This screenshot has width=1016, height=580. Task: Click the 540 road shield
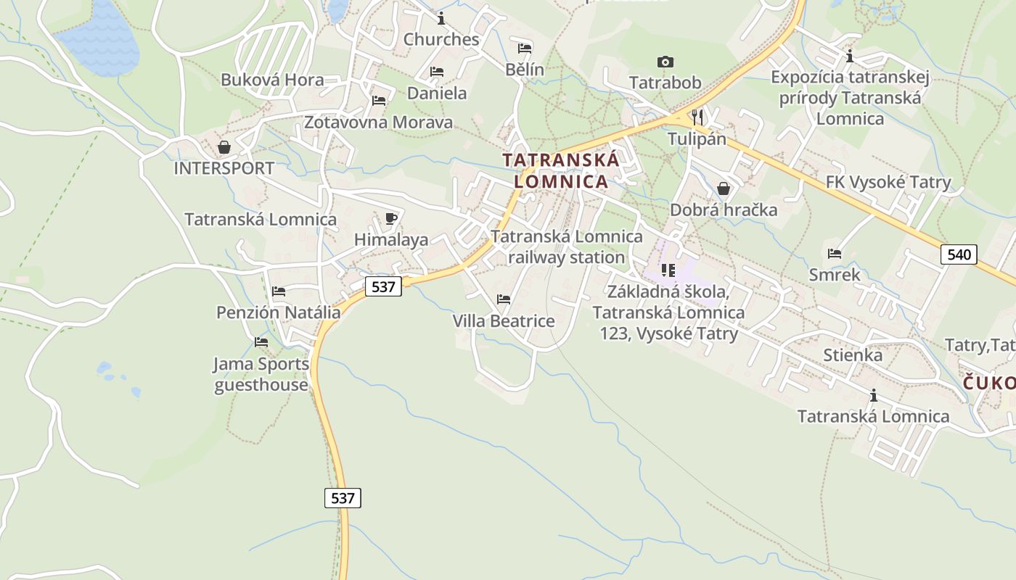click(x=959, y=254)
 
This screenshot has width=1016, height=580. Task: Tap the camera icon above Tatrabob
click(x=665, y=62)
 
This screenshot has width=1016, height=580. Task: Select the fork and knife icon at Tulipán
click(x=697, y=117)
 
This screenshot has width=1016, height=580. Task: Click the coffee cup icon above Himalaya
click(x=391, y=218)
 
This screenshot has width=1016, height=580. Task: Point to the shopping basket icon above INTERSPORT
click(x=224, y=147)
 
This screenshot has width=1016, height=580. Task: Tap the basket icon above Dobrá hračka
click(x=724, y=188)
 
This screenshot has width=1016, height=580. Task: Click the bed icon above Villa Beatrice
click(x=504, y=299)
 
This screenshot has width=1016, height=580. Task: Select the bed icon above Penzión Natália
click(x=279, y=291)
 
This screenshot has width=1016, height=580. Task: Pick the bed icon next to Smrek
click(x=835, y=253)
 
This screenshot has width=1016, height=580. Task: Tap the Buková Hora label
click(x=272, y=80)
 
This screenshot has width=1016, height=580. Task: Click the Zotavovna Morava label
click(x=378, y=122)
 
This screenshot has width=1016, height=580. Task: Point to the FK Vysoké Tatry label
click(x=888, y=182)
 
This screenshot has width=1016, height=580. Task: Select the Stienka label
click(x=853, y=355)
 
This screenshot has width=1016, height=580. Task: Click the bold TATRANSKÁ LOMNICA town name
click(x=561, y=170)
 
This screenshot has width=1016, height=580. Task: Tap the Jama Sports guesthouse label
click(x=261, y=374)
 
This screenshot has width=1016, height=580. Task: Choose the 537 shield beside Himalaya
click(x=382, y=286)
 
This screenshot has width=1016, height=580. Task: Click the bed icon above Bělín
click(x=525, y=49)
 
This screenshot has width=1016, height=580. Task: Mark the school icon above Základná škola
click(x=668, y=270)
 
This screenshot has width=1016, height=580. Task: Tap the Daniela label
click(x=437, y=93)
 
